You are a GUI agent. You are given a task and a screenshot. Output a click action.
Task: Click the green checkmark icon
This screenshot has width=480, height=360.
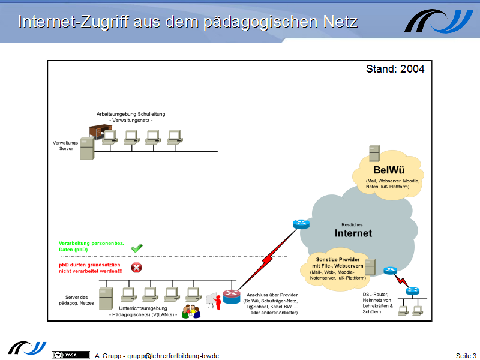[x=136, y=247]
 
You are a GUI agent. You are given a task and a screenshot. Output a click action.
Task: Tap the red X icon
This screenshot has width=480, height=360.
[x=137, y=268]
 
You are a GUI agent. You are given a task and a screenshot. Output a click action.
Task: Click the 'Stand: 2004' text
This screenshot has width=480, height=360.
[x=395, y=69]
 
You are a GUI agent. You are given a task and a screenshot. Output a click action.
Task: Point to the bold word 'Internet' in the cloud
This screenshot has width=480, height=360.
[x=353, y=233]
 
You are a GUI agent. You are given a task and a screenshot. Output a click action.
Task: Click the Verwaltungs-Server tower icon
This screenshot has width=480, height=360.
[x=87, y=148]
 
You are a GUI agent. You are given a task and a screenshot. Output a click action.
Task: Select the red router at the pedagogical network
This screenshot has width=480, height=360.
[x=231, y=296]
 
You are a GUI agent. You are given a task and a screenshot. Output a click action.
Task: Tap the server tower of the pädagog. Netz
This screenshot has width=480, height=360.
[x=106, y=298]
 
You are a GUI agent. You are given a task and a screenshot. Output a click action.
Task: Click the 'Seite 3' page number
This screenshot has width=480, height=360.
[x=466, y=356]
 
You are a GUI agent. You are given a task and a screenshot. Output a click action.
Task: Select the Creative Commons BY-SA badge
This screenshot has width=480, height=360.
[x=65, y=355]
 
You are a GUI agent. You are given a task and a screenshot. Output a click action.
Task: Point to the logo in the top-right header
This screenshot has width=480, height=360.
[x=439, y=21]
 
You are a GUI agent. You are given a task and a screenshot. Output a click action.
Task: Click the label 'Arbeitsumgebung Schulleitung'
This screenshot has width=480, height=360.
[x=131, y=114]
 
